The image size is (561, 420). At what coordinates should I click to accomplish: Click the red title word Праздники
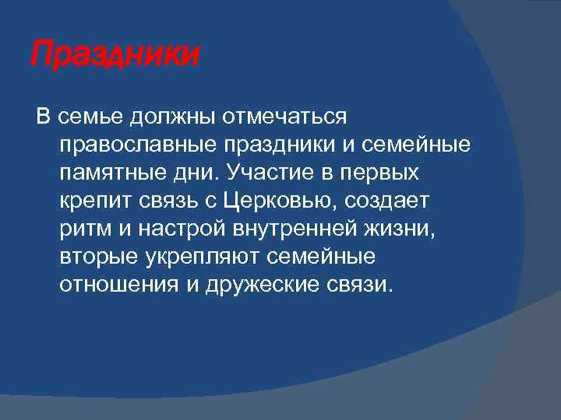[115, 56]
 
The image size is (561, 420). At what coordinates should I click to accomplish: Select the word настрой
[175, 229]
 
